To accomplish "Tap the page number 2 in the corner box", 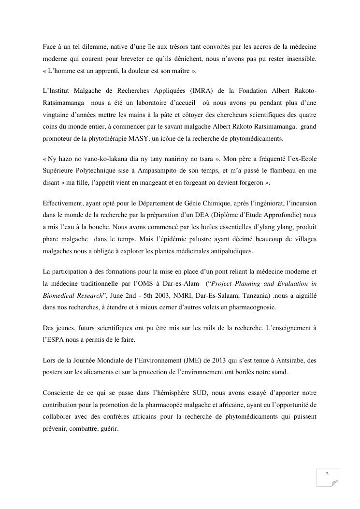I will pos(328,474).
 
